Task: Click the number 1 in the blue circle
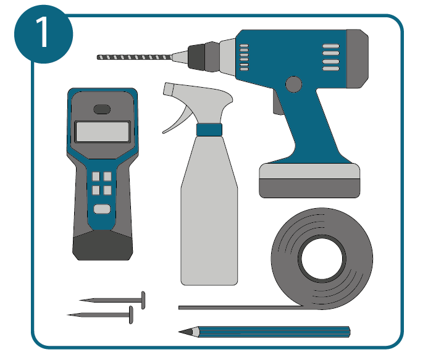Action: [43, 32]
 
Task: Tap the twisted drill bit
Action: [135, 57]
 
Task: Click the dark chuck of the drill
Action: [196, 56]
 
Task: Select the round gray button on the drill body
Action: [293, 85]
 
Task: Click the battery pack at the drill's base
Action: [309, 180]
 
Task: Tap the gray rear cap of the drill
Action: [358, 59]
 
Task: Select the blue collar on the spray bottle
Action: [209, 130]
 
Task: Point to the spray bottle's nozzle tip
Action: [168, 89]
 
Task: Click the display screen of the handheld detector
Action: [102, 132]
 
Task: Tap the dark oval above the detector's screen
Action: [102, 109]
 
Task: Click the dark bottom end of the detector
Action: [103, 246]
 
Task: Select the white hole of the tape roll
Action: [322, 259]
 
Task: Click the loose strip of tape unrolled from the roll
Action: [240, 308]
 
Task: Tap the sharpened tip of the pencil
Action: [179, 332]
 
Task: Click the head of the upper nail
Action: [143, 300]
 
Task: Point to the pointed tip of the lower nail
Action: [68, 315]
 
